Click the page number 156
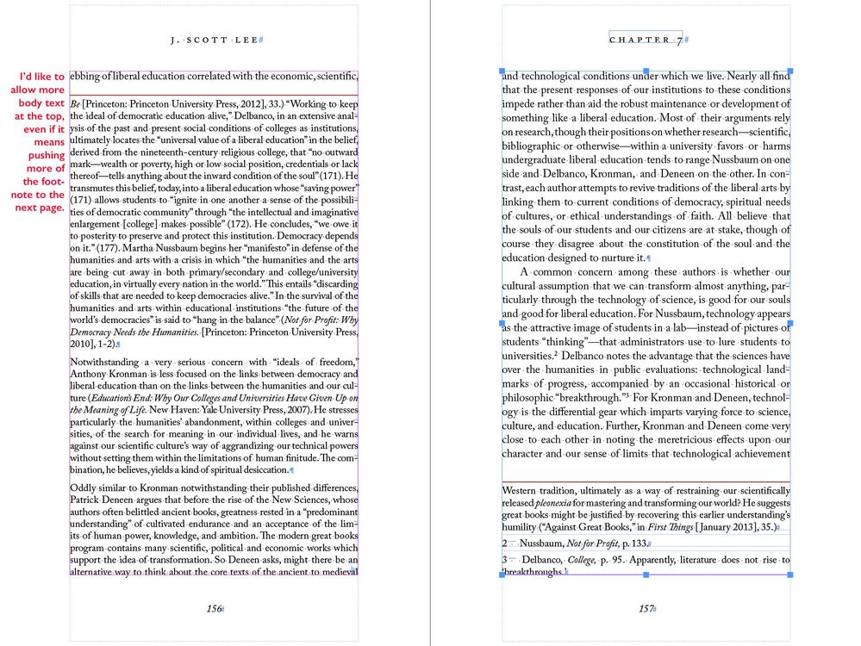click(214, 608)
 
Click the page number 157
click(646, 608)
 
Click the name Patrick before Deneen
click(89, 500)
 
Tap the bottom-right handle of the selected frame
click(789, 575)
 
